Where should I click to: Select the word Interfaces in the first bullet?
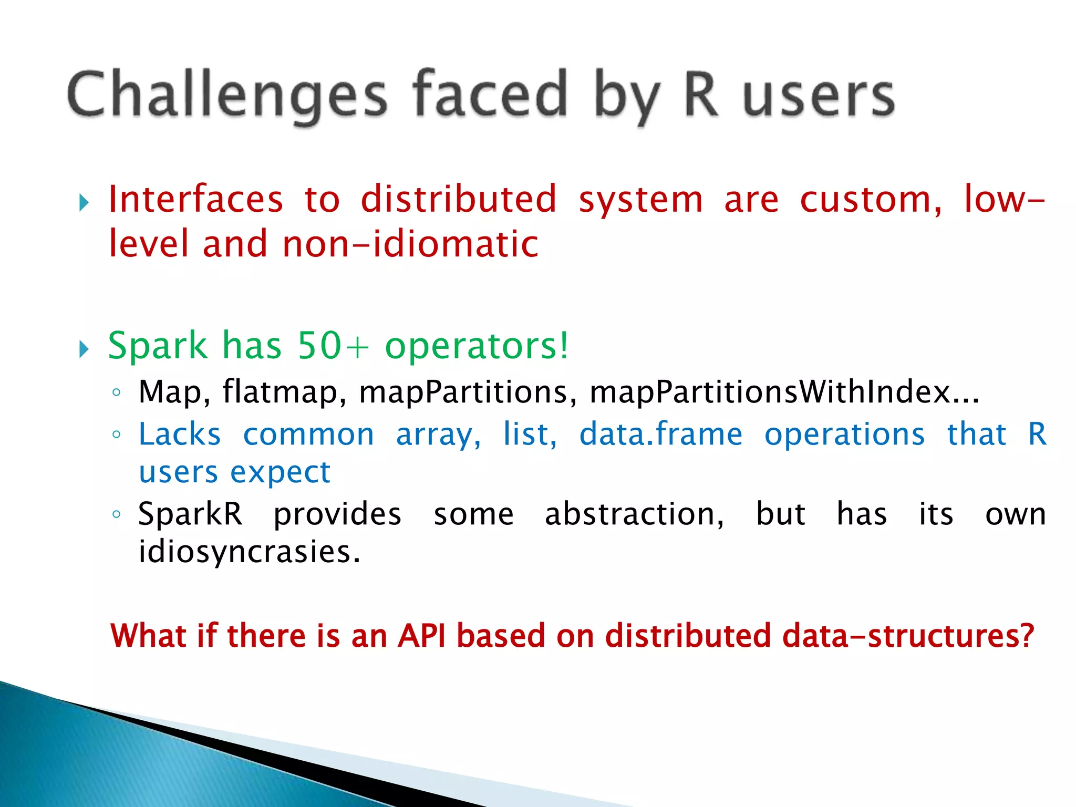coord(195,200)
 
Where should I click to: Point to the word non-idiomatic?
coord(410,244)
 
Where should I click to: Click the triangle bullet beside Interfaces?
coord(84,203)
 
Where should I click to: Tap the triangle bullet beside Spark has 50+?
coord(84,349)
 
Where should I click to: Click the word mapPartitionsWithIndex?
coord(770,392)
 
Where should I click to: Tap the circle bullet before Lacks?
coord(117,434)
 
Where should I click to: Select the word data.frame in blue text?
coord(660,434)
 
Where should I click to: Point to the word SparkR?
coord(190,514)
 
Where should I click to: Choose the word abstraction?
coord(634,514)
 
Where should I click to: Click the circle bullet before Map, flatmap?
coord(117,392)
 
